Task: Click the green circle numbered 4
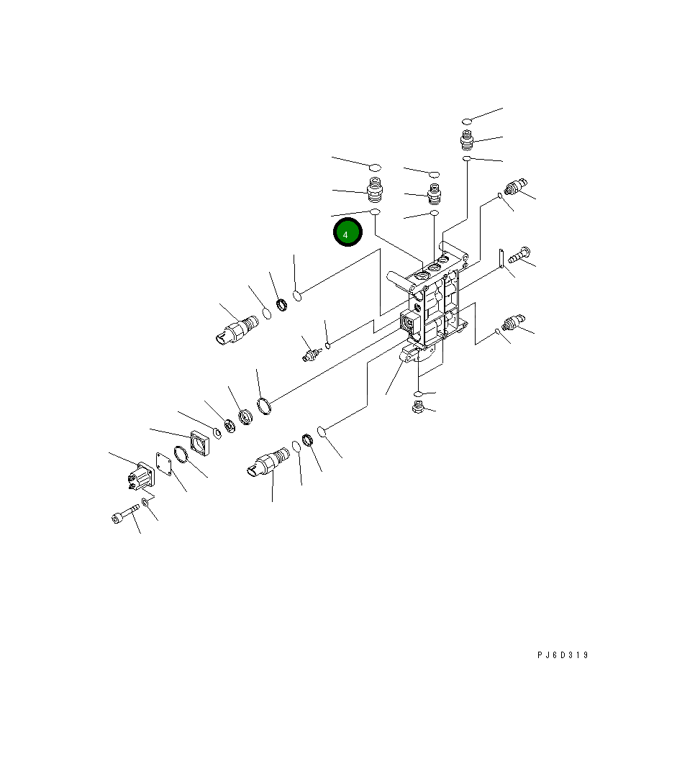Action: coord(347,232)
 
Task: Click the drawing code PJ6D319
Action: coord(563,655)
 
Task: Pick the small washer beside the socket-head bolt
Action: coord(145,502)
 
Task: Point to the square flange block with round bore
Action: coord(199,442)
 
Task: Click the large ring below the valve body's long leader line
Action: coord(264,406)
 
